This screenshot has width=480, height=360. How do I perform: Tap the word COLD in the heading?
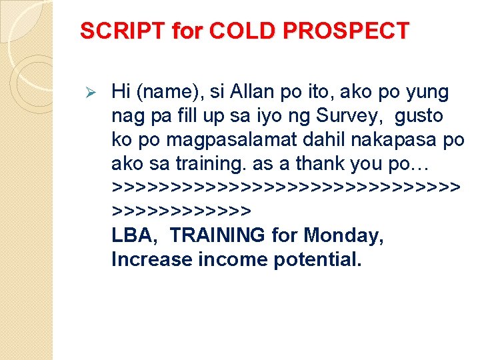(234, 31)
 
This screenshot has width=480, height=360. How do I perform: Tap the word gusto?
(419, 115)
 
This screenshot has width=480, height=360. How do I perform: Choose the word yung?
(426, 91)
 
